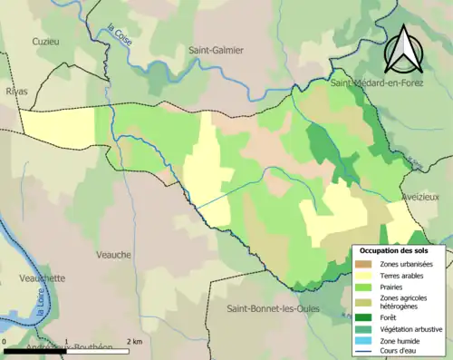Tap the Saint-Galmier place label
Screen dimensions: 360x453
coord(216,50)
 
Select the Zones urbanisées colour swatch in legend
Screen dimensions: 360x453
coord(366,264)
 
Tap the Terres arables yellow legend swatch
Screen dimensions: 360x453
coord(366,275)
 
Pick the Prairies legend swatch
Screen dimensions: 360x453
coord(366,286)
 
